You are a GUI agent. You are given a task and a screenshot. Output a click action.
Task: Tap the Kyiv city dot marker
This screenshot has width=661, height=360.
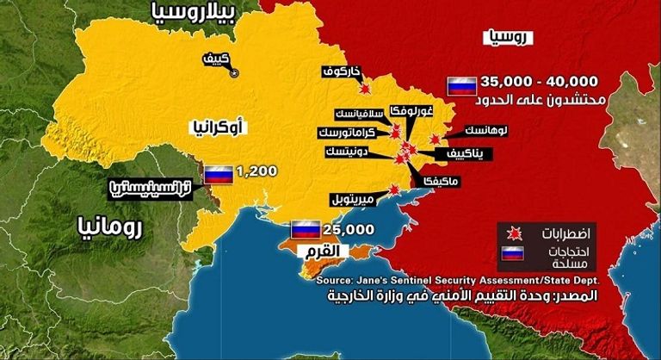[233, 73]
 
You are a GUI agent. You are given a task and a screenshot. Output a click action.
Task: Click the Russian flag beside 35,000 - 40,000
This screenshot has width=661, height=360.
[461, 86]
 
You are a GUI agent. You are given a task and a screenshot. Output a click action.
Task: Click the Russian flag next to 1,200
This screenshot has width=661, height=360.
[219, 174]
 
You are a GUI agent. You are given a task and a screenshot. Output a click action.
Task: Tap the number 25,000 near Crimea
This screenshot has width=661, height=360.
[347, 230]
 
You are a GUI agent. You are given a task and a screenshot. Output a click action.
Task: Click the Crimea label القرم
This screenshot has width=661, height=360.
[317, 251]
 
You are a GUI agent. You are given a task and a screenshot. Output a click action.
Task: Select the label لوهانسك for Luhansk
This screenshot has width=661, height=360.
[489, 129]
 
